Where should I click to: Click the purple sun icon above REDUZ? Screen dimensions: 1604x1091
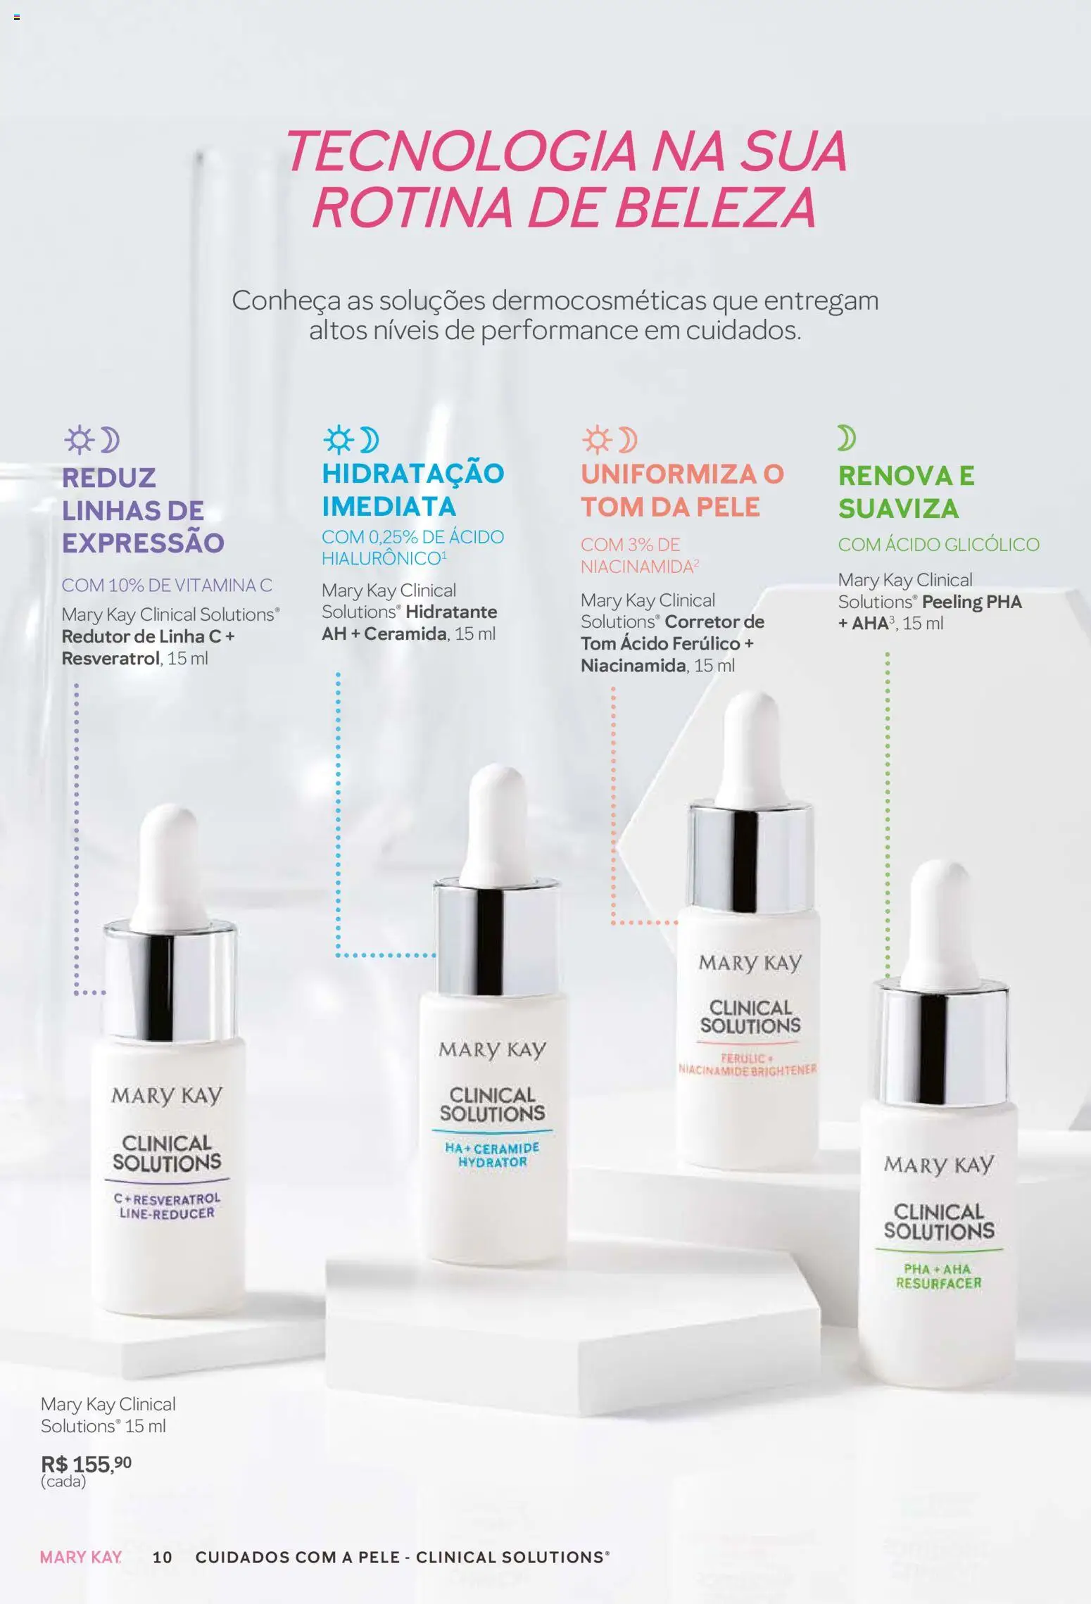tap(79, 440)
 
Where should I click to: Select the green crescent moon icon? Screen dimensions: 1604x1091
tap(846, 438)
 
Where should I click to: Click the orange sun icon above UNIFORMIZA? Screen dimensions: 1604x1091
tap(597, 440)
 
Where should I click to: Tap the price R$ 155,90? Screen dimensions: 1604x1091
tap(86, 1464)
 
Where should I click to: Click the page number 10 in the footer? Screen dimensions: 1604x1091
tap(162, 1558)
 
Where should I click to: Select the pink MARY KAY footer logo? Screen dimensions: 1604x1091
tap(80, 1558)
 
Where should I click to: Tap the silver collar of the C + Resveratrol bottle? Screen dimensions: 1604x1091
tap(170, 982)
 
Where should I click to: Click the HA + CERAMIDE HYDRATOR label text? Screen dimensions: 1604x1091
tap(492, 1155)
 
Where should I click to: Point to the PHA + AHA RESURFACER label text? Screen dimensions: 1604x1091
tap(938, 1276)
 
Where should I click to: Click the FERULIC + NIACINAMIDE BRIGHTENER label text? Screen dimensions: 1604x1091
tap(747, 1064)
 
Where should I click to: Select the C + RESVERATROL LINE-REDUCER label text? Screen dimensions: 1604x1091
tap(167, 1206)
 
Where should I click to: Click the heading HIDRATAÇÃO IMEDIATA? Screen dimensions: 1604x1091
tap(412, 490)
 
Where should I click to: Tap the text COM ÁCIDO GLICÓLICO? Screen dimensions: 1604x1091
tap(938, 544)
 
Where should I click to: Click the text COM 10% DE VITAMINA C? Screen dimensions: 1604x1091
tap(166, 585)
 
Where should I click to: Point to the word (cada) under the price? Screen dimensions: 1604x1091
tap(63, 1482)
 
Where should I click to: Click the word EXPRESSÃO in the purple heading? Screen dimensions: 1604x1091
tap(143, 543)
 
